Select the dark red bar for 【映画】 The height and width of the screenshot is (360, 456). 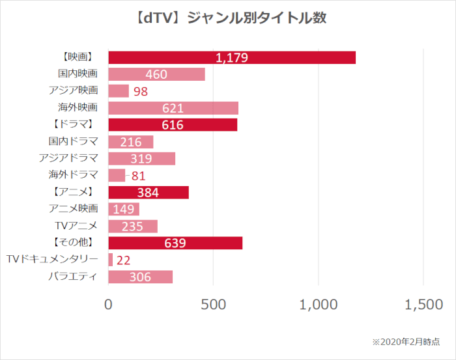click(x=231, y=57)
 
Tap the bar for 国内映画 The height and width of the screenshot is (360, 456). click(x=156, y=74)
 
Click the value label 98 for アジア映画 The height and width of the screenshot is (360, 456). click(x=141, y=91)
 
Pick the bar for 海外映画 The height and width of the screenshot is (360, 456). click(x=173, y=108)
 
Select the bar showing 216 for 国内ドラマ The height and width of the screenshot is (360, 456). click(x=130, y=142)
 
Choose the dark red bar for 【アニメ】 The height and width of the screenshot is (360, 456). click(x=148, y=192)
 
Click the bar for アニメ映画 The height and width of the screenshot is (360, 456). click(x=123, y=209)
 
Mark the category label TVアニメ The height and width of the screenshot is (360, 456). click(x=76, y=226)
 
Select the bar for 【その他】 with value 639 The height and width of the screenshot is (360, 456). click(x=175, y=243)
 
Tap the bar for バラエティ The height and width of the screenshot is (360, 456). click(x=140, y=277)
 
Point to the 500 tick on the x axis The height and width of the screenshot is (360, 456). click(x=213, y=305)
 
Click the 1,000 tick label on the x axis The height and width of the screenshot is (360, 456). click(x=319, y=305)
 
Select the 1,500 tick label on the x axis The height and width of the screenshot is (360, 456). click(x=423, y=305)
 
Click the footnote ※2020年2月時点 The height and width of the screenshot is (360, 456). click(x=405, y=342)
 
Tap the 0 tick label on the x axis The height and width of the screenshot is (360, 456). click(x=108, y=305)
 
